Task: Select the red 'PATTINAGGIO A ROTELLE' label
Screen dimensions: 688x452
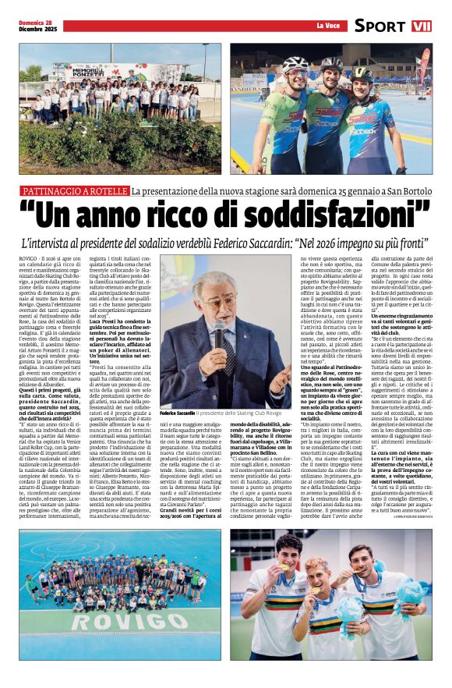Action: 75,191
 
